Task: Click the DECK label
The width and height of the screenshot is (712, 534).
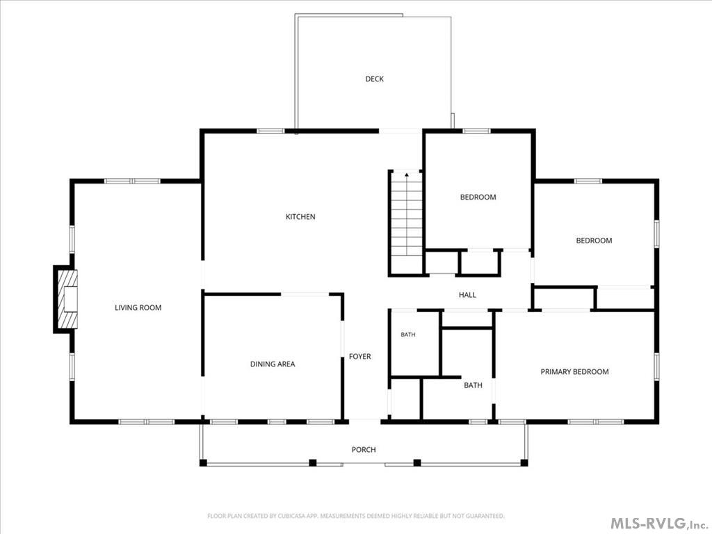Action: coord(374,79)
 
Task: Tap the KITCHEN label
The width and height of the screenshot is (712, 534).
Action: coord(300,217)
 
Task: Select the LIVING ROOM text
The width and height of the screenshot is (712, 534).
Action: coord(138,307)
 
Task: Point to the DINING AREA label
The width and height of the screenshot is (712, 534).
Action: coord(273,364)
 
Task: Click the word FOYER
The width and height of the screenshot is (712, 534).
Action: coord(359,357)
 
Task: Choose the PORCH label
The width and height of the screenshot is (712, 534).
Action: coord(364,450)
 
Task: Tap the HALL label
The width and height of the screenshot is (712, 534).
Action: coord(467,295)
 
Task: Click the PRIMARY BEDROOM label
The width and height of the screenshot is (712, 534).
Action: coord(574,371)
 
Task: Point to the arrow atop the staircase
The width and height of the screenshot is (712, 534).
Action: coord(407,174)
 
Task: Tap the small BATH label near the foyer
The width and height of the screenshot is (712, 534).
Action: coord(407,334)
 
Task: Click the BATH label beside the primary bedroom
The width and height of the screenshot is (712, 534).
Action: coord(473,385)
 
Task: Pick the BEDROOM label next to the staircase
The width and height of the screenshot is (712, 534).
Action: coord(478,197)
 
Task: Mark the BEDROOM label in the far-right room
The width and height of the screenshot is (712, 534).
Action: coord(594,241)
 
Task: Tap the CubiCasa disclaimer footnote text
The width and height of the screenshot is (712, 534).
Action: coord(355,516)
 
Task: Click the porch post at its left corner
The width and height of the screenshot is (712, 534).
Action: coord(204,462)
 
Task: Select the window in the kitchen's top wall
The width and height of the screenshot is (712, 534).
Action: coord(270,131)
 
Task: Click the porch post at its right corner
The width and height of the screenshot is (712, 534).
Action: coord(524,462)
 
